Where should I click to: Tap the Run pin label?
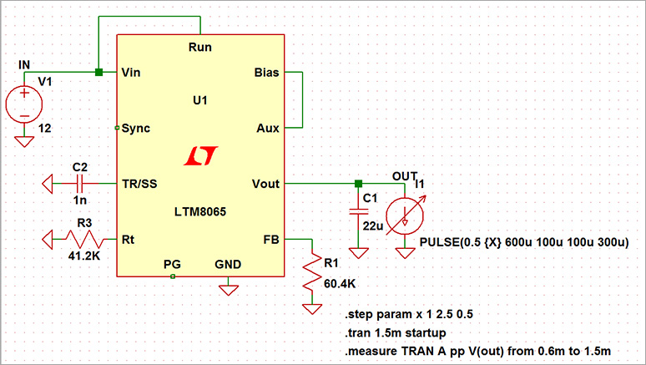coord(200,48)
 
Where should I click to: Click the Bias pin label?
coord(267,73)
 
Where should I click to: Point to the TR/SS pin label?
coord(139,184)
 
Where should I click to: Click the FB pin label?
coord(271,239)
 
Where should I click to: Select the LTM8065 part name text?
coord(200,212)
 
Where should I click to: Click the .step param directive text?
coord(408,316)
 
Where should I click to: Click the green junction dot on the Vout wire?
coord(358,184)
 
